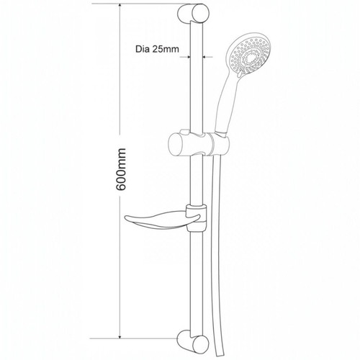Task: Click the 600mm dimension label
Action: (x=120, y=169)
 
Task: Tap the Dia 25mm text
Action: (x=157, y=49)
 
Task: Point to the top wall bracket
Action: (x=193, y=14)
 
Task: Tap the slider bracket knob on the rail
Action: (x=179, y=144)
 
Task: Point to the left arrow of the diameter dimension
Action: (x=185, y=57)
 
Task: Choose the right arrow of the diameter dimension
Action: (x=207, y=57)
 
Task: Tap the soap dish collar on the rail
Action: (x=197, y=218)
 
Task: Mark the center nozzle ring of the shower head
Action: (x=251, y=58)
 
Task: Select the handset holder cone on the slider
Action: (x=220, y=144)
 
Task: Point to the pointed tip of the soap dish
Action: (x=125, y=217)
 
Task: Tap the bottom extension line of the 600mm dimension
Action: (x=133, y=338)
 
